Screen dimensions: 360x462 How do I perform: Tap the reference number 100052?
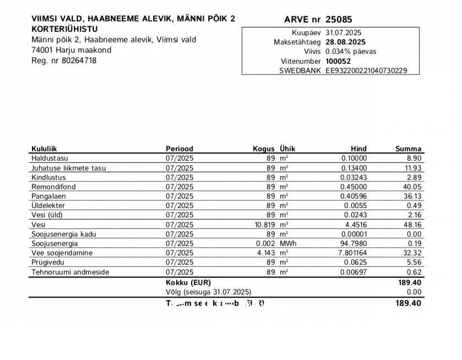tap(337, 61)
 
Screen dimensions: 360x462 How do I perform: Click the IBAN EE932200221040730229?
tap(366, 71)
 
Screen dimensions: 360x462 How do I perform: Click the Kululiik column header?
tap(44, 149)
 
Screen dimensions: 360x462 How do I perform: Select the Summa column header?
tap(408, 149)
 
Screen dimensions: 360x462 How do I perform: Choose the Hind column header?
tap(358, 149)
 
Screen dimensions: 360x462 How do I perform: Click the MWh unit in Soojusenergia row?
tap(288, 243)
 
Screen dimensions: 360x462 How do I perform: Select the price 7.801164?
tap(351, 253)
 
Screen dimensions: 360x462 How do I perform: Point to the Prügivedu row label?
tap(46, 263)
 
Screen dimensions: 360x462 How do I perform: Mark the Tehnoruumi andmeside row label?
tap(70, 272)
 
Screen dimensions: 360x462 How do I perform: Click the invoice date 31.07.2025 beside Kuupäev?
tap(343, 32)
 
